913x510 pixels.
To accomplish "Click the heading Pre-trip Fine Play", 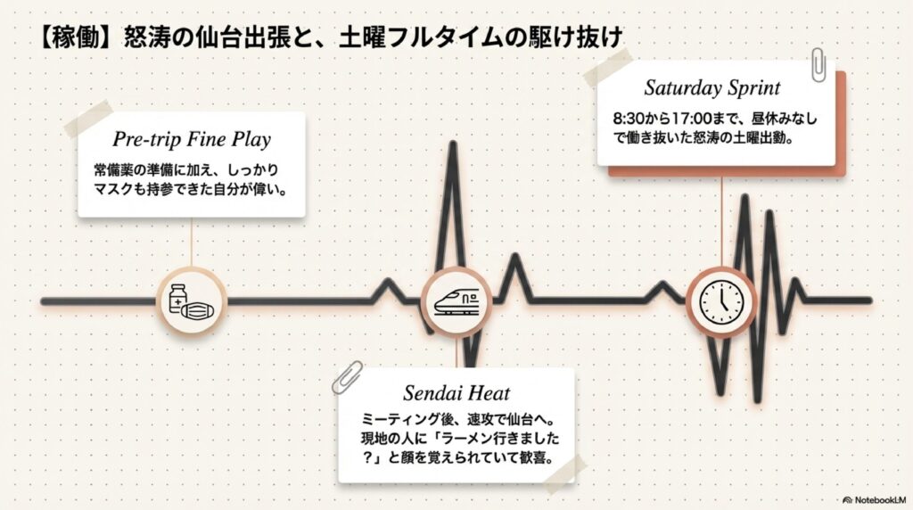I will (x=192, y=140).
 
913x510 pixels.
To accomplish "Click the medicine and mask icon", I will (x=192, y=299).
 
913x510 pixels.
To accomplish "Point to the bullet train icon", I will (x=456, y=300).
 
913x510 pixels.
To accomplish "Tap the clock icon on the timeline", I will (x=720, y=300).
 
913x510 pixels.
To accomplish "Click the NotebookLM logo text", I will (x=878, y=499).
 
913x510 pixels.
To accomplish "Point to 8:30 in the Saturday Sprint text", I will (x=628, y=118).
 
